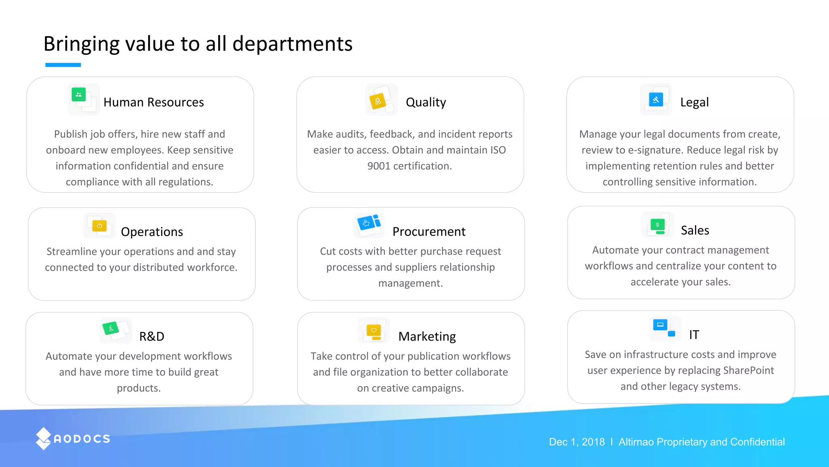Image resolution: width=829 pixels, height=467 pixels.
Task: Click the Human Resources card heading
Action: click(153, 102)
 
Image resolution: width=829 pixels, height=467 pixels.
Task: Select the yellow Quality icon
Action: click(378, 101)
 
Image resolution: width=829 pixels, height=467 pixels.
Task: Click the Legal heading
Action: click(694, 102)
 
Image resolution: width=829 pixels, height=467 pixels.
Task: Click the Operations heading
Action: click(152, 231)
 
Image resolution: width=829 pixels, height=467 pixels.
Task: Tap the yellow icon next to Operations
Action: click(100, 226)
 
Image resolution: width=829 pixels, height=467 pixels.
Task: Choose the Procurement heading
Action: click(429, 231)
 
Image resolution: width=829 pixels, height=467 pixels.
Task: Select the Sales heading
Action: click(695, 230)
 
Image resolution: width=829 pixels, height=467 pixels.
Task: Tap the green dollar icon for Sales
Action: click(658, 225)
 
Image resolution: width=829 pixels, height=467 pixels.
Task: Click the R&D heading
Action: click(152, 336)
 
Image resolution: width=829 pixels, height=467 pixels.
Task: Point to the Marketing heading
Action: click(427, 336)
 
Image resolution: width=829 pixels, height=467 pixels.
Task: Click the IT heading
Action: click(694, 334)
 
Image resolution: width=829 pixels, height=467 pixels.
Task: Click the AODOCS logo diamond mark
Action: click(43, 439)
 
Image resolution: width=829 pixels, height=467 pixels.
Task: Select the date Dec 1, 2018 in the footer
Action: click(576, 442)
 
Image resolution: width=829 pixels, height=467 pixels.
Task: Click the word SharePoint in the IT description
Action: click(748, 370)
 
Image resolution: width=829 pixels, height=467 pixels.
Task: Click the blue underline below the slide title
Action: click(63, 65)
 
